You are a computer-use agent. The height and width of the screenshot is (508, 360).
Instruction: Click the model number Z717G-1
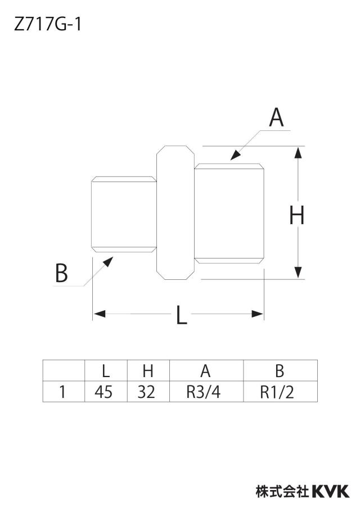pyautogui.click(x=47, y=24)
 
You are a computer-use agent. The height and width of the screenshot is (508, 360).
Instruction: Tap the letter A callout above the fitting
pyautogui.click(x=276, y=117)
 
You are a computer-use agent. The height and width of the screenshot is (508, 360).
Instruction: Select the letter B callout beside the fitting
pyautogui.click(x=61, y=273)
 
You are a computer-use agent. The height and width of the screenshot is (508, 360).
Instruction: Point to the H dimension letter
pyautogui.click(x=296, y=215)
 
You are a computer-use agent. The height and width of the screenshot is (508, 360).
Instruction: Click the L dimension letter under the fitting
pyautogui.click(x=181, y=315)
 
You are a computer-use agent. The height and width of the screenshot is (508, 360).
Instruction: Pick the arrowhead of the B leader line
pyautogui.click(x=108, y=261)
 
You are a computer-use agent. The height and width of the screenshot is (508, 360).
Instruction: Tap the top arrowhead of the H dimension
pyautogui.click(x=298, y=153)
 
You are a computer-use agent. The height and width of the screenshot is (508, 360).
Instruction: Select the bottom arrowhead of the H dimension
pyautogui.click(x=298, y=273)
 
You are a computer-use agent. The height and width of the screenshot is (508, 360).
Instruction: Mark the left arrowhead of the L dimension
pyautogui.click(x=100, y=314)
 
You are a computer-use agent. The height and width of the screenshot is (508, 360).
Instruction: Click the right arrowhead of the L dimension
pyautogui.click(x=258, y=314)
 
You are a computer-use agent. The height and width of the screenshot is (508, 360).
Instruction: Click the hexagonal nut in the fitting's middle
pyautogui.click(x=175, y=212)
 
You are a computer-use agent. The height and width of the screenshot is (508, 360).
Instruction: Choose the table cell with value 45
pyautogui.click(x=106, y=392)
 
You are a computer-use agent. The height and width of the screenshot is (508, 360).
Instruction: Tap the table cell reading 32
pyautogui.click(x=148, y=392)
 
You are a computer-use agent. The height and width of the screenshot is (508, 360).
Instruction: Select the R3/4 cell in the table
pyautogui.click(x=206, y=392)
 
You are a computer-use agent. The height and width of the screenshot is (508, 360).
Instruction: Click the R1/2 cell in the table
pyautogui.click(x=281, y=392)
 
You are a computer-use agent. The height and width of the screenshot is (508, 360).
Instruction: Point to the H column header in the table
pyautogui.click(x=148, y=371)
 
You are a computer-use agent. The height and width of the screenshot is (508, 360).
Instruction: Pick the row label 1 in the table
pyautogui.click(x=62, y=392)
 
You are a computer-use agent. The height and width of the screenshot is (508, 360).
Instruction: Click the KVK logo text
pyautogui.click(x=331, y=492)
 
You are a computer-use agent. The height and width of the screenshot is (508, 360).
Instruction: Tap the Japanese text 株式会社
pyautogui.click(x=282, y=492)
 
